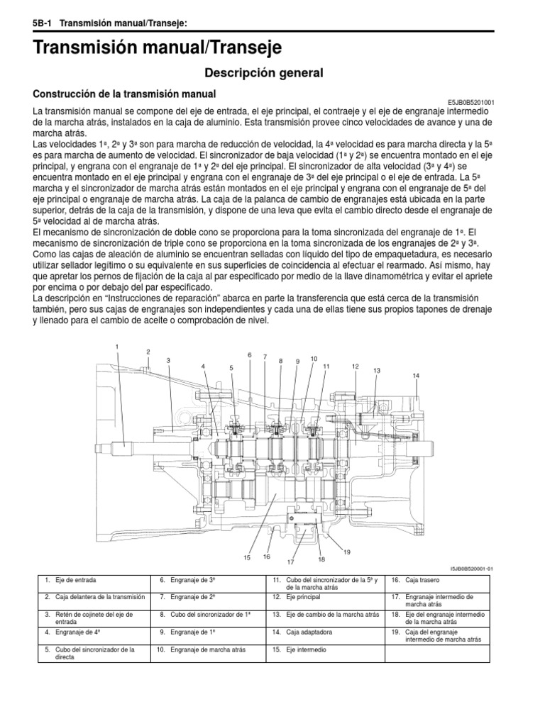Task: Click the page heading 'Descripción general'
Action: coord(264,72)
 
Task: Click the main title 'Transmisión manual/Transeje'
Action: coord(158,48)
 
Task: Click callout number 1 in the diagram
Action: coord(117,345)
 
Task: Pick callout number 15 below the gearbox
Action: coord(248,558)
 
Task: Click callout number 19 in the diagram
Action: coord(347,552)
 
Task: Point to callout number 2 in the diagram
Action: coord(148,352)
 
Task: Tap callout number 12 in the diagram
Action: coord(354,366)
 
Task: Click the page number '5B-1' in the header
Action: coord(44,23)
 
